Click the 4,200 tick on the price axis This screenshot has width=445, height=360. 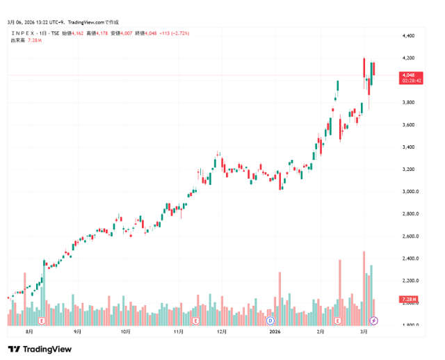tap(409, 58)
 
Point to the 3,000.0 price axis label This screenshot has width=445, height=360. tap(410, 192)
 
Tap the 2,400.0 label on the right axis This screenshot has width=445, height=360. tap(410, 259)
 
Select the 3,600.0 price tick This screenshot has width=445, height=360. tap(410, 125)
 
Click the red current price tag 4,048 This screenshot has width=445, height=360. tap(408, 74)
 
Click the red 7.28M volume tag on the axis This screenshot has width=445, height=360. tap(408, 299)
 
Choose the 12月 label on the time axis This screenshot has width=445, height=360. tap(222, 332)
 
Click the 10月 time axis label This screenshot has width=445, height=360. tap(126, 332)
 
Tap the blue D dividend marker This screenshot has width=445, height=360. tap(270, 320)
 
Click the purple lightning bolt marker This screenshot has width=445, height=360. tap(373, 320)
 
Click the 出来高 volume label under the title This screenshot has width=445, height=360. tap(18, 40)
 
